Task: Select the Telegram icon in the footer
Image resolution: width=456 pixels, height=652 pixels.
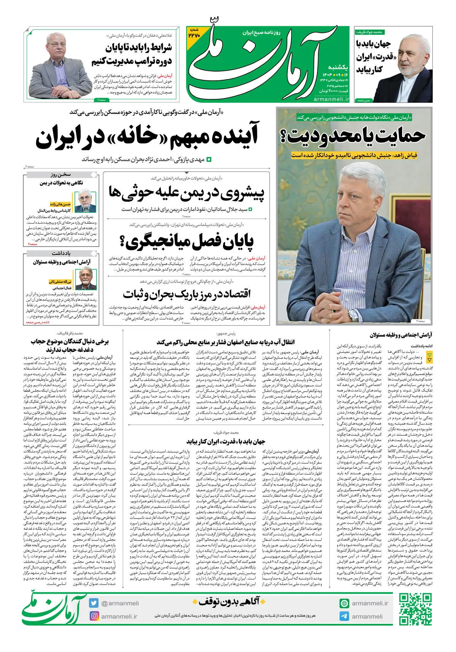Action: (344, 616)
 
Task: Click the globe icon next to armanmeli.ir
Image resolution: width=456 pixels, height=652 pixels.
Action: (344, 603)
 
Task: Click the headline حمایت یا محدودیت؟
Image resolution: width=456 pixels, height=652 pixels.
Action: (356, 136)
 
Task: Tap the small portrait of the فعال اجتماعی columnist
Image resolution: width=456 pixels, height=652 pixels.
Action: (86, 278)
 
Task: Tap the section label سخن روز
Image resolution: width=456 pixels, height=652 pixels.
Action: (61, 175)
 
